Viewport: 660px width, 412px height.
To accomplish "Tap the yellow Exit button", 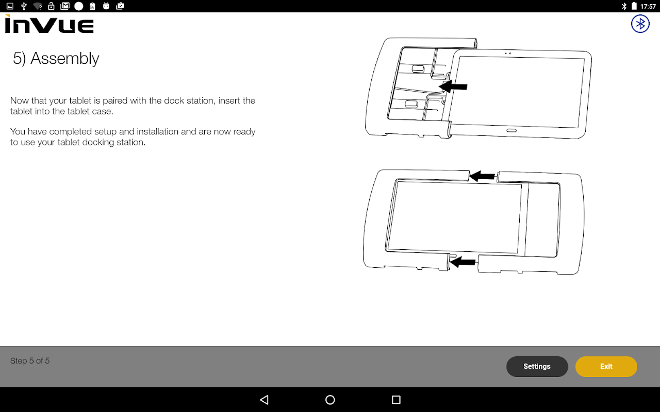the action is tap(606, 366).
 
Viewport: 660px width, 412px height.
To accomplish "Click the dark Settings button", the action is tap(537, 366).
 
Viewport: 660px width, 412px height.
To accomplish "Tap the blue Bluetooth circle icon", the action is tap(640, 24).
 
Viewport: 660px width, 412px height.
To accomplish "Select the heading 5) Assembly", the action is tap(56, 59).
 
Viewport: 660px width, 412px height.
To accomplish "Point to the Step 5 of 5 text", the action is tap(30, 361).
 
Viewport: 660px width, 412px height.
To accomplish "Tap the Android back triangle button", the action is tap(265, 400).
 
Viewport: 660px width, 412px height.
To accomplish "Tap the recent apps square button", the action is tap(396, 400).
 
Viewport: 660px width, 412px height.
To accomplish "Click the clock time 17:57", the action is tap(648, 6).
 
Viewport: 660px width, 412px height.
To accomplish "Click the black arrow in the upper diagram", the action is tap(453, 87).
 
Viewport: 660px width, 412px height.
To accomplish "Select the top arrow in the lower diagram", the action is tap(482, 176).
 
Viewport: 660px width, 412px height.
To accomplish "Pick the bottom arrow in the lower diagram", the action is tap(463, 262).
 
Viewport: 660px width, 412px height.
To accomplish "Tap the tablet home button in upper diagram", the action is tap(511, 130).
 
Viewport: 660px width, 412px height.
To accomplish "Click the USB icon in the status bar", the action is tap(24, 6).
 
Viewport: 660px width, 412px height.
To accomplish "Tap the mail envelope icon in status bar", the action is tap(65, 6).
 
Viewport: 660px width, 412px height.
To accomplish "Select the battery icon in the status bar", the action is tap(634, 6).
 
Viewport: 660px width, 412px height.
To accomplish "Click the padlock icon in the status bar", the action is tap(51, 6).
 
